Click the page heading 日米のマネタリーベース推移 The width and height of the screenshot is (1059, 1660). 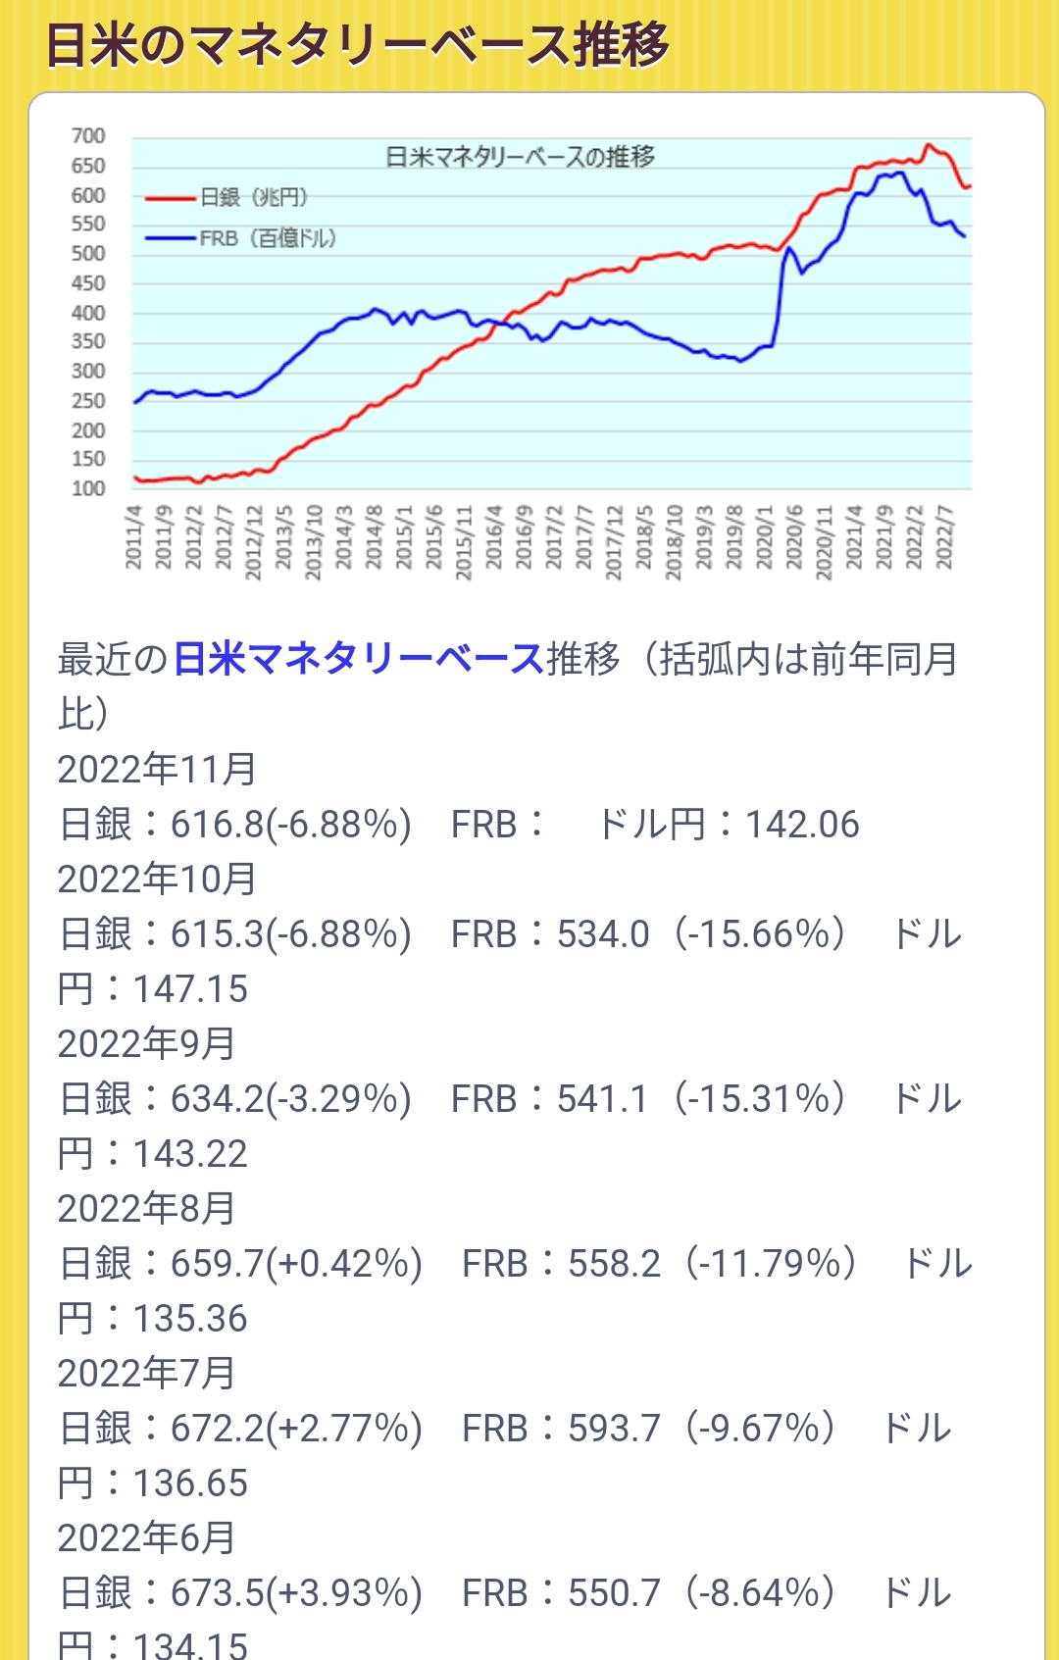click(357, 45)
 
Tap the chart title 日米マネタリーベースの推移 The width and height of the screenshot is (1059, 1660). click(520, 157)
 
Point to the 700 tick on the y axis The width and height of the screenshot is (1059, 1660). click(88, 136)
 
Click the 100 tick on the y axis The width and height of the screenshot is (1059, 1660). click(88, 488)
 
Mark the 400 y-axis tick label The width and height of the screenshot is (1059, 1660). click(88, 313)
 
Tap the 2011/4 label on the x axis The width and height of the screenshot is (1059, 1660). click(134, 537)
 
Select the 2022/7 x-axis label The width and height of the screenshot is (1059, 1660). click(944, 537)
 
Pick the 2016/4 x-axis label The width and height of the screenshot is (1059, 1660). click(494, 537)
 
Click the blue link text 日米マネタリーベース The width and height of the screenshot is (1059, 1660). click(358, 659)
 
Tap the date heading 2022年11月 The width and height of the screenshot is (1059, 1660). click(157, 770)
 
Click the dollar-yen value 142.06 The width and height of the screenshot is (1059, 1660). click(802, 825)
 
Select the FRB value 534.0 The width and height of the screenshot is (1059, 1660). click(603, 934)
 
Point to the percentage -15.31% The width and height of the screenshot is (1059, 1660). click(759, 1099)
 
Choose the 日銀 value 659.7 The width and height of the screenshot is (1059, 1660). click(218, 1264)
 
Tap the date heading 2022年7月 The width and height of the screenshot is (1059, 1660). click(146, 1374)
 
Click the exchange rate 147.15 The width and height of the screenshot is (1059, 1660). click(190, 989)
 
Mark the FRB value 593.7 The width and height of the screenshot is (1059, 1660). click(614, 1429)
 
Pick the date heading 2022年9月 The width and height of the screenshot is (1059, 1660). click(146, 1044)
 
